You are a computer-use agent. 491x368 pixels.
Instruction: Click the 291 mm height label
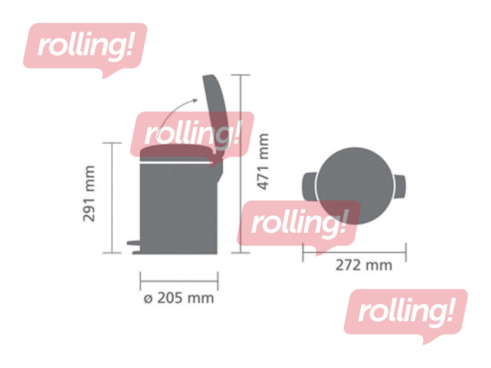pos(89,194)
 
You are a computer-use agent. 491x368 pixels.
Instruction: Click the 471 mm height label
pos(262,161)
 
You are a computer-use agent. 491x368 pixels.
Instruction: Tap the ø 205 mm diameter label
pos(178,298)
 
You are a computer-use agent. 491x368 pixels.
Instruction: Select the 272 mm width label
pos(364,265)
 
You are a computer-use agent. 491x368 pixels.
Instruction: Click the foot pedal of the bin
pos(133,243)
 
